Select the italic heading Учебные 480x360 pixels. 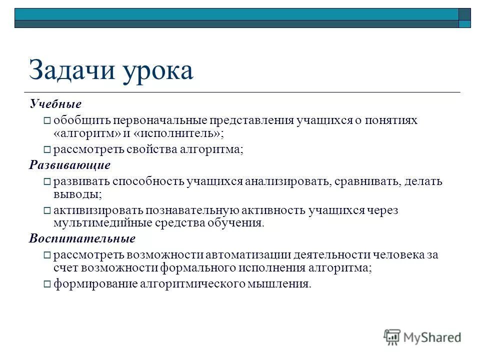coord(55,104)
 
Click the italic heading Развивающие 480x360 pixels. coord(69,165)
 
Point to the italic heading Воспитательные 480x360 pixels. coord(82,238)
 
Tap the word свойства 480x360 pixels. coord(142,149)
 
